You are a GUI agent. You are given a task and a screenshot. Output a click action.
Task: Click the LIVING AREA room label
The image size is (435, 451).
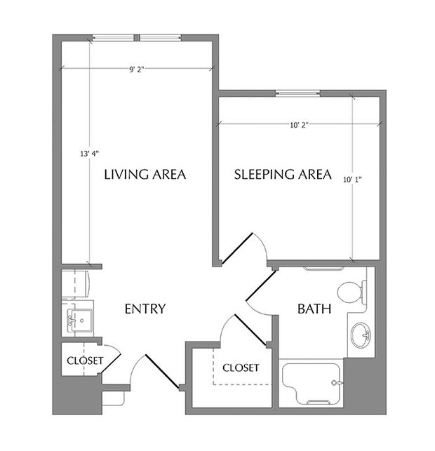point(145,175)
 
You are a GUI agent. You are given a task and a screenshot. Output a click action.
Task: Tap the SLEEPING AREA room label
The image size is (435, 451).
point(282,175)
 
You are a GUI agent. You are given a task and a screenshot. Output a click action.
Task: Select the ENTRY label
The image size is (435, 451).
point(145,309)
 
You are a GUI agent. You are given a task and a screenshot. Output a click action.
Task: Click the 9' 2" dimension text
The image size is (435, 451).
point(137,69)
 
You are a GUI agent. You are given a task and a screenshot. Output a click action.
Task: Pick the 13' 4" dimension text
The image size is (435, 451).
point(89,153)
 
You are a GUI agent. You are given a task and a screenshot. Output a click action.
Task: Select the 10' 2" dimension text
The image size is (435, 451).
point(299,125)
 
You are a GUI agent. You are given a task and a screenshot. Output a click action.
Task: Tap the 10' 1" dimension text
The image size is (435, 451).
point(354,179)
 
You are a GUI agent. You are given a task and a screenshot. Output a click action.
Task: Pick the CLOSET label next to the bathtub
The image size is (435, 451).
point(241,368)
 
